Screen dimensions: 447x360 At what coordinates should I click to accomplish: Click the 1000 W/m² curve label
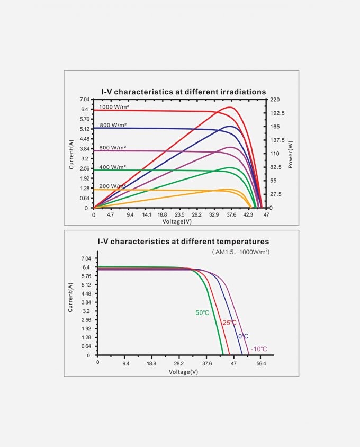tap(114, 107)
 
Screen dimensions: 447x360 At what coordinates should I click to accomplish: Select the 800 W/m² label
tap(112, 126)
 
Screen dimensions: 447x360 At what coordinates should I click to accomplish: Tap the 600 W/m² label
tap(112, 147)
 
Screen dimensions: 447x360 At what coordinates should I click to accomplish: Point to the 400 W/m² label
tap(112, 167)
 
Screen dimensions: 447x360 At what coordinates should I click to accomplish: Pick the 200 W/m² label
tap(112, 186)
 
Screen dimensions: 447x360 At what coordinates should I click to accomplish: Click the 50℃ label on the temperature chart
tap(202, 313)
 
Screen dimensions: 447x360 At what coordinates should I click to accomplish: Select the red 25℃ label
tap(229, 323)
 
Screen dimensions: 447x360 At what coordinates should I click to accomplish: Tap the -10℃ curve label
tap(258, 348)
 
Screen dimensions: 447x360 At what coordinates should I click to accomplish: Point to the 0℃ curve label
tap(243, 336)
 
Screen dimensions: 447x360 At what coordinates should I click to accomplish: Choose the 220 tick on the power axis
tap(274, 100)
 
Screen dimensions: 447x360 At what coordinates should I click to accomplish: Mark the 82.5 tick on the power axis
tap(276, 167)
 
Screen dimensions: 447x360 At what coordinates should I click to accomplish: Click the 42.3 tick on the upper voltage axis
tap(248, 215)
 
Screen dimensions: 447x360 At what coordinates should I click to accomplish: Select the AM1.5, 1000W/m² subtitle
tap(241, 252)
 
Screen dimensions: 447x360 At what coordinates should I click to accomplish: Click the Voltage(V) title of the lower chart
tap(183, 372)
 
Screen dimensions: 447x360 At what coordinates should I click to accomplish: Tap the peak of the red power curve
tap(230, 107)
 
